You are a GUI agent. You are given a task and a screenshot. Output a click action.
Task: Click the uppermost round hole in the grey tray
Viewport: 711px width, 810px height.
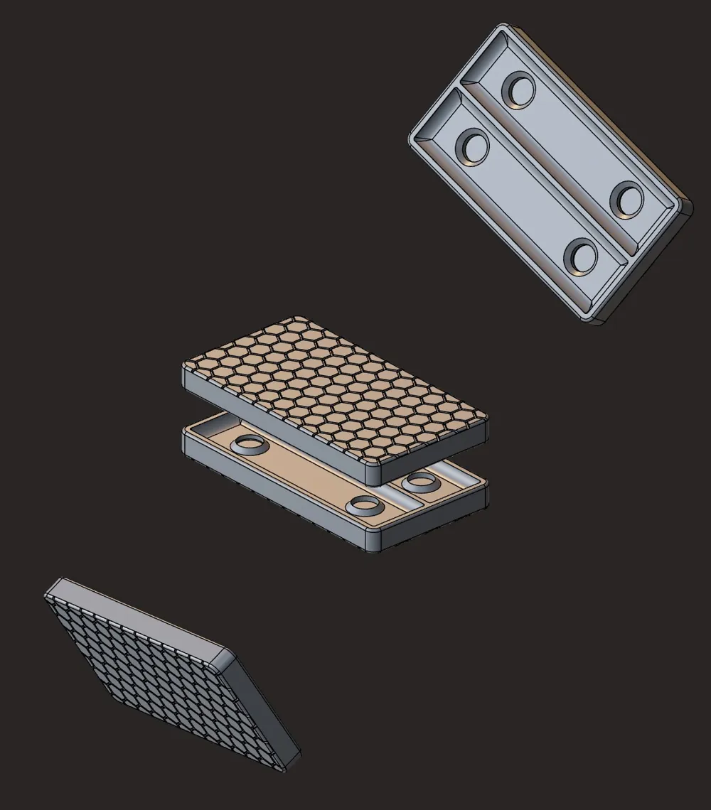click(519, 90)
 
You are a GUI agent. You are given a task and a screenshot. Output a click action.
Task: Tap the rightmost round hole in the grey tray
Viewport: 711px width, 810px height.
click(629, 199)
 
